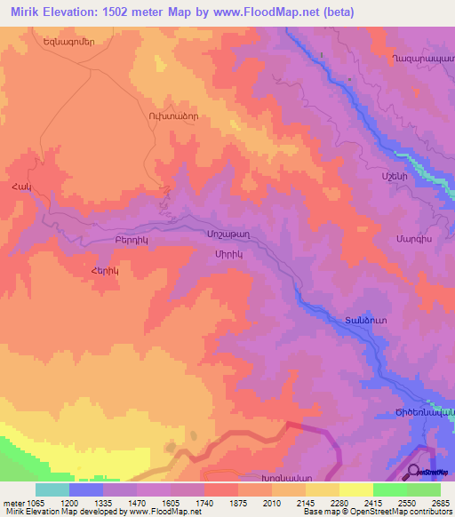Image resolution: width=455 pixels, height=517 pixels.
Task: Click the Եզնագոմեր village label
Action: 68,41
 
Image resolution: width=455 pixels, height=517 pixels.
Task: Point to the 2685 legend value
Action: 441,502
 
